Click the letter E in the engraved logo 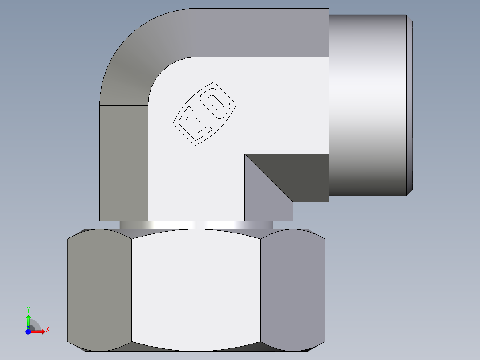pos(194,123)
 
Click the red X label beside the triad pos(47,330)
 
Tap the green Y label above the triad pos(28,310)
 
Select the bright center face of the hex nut pos(196,290)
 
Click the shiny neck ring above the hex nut pos(196,225)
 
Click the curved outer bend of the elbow pos(142,58)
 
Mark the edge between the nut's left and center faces pos(131,290)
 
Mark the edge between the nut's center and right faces pos(260,290)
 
